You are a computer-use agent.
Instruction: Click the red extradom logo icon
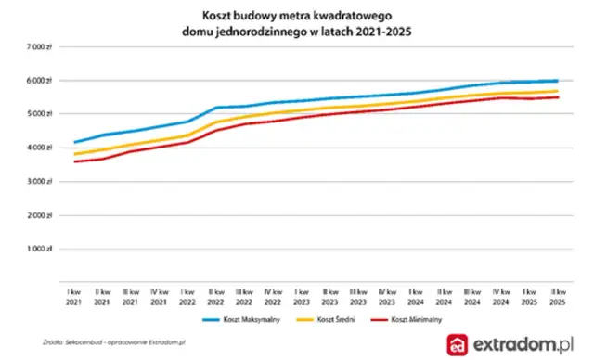(x=458, y=344)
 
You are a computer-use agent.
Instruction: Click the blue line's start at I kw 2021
(x=75, y=142)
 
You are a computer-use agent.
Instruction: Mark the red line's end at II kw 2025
(x=556, y=97)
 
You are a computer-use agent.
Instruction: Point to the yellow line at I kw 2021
(x=75, y=154)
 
